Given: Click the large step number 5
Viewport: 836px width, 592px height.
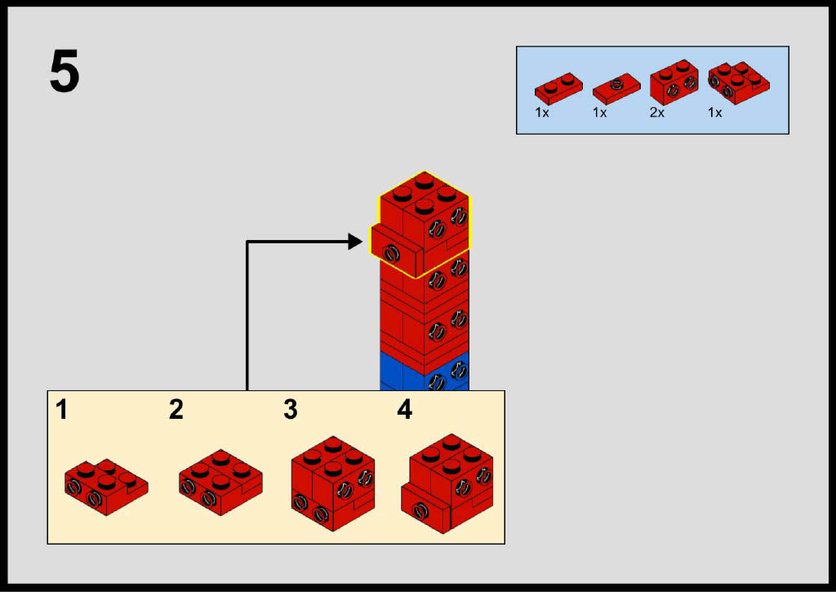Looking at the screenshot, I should click(64, 73).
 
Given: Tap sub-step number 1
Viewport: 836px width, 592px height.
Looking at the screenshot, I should click(62, 409).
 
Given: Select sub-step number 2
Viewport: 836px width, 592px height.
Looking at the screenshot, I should click(176, 409).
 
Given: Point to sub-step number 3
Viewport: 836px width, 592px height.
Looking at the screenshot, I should click(291, 409).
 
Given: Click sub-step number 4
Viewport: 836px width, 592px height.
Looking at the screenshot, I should click(404, 409).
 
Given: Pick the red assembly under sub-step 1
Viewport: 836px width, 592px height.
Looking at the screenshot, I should click(105, 487).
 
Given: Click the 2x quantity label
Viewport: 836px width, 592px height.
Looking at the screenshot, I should click(657, 113).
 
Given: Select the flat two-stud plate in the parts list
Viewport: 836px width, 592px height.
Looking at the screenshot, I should click(558, 87).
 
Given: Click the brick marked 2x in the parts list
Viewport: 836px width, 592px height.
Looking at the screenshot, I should click(674, 82).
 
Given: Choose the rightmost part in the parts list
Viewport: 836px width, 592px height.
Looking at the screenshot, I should click(738, 80).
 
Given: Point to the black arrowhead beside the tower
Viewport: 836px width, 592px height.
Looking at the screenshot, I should click(354, 241).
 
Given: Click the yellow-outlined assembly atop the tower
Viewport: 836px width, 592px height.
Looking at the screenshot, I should click(422, 225).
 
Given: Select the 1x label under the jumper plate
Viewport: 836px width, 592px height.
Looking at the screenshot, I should click(600, 113).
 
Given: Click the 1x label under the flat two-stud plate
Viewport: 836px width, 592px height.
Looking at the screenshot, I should click(542, 113).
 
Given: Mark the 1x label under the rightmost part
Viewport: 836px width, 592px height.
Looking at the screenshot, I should click(715, 113).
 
